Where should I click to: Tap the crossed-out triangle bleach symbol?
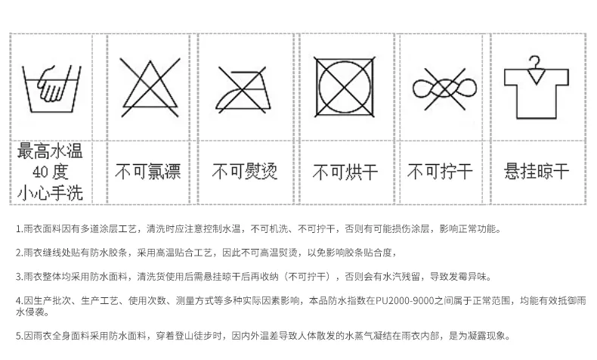(x=147, y=85)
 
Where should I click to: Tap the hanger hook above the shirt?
(x=534, y=62)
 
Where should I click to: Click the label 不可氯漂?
(x=147, y=172)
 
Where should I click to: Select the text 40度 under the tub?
(x=51, y=172)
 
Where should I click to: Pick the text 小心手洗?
(x=51, y=191)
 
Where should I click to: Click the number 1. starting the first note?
(x=19, y=228)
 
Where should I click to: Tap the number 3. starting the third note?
(x=19, y=276)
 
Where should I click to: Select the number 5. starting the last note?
(x=19, y=335)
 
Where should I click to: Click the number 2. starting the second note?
(x=19, y=253)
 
